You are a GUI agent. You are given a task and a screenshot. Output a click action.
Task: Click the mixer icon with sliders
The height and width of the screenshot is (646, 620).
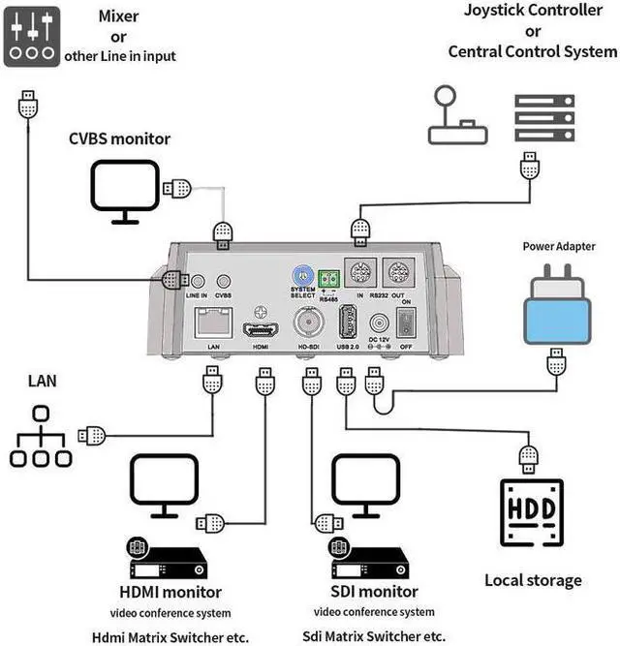click(x=32, y=35)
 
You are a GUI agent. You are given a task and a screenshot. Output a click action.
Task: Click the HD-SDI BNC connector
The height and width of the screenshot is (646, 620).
click(x=310, y=321)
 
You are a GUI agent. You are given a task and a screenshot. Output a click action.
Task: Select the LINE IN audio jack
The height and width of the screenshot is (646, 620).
click(x=198, y=280)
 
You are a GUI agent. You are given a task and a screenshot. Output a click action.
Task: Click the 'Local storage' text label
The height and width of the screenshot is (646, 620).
click(x=533, y=580)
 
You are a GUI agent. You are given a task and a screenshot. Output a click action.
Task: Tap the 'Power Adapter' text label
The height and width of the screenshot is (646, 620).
click(x=559, y=246)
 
